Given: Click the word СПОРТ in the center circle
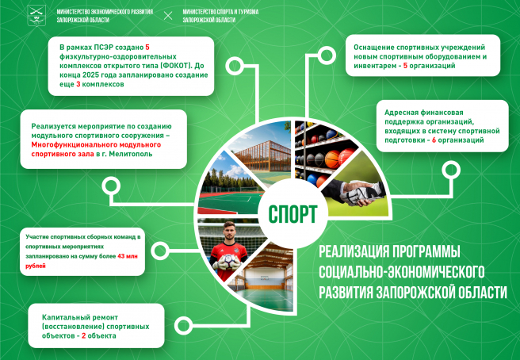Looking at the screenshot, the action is coord(292,214).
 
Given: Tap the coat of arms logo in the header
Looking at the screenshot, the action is coord(36,15).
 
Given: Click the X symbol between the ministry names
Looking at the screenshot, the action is coord(168,16).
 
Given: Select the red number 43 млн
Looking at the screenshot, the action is coord(128,256).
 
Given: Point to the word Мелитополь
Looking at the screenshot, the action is coord(131,154).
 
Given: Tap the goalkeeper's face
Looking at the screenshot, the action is coord(229,232).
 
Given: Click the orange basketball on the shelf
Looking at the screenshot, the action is coord(332,159).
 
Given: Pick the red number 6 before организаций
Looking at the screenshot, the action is coord(434,140).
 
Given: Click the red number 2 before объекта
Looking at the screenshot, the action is coord(83,335).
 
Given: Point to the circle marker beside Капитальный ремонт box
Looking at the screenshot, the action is coord(183,325).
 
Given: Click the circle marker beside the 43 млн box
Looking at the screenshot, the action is coord(160,251).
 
